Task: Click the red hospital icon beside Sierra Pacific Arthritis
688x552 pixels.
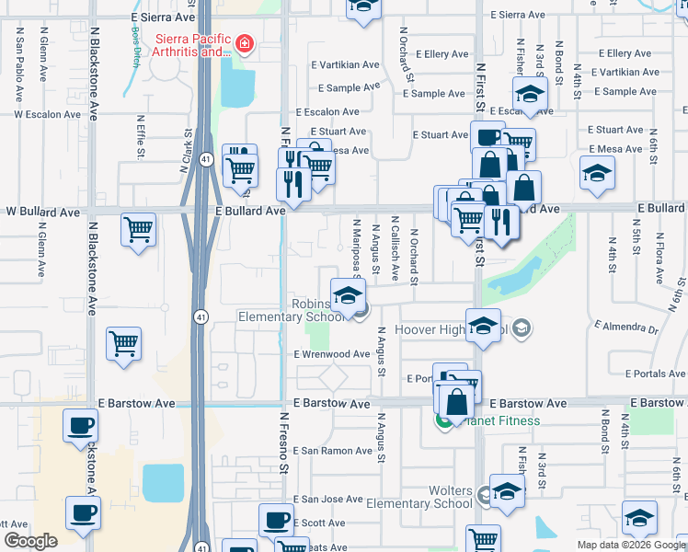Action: point(244,42)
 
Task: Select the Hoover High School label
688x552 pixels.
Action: point(451,329)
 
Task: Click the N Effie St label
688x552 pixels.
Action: point(141,136)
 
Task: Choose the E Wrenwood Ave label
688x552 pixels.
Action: point(331,354)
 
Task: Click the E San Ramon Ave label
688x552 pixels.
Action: point(333,451)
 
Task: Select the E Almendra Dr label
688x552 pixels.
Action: point(626,328)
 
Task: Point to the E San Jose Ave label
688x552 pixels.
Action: point(327,500)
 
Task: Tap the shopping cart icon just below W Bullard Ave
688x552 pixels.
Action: point(138,230)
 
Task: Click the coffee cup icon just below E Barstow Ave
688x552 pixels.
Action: point(81,426)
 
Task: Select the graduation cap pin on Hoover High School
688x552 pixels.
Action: point(483,328)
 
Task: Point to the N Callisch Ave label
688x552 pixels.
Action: point(394,248)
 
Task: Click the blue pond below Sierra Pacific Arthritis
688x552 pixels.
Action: point(237,88)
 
